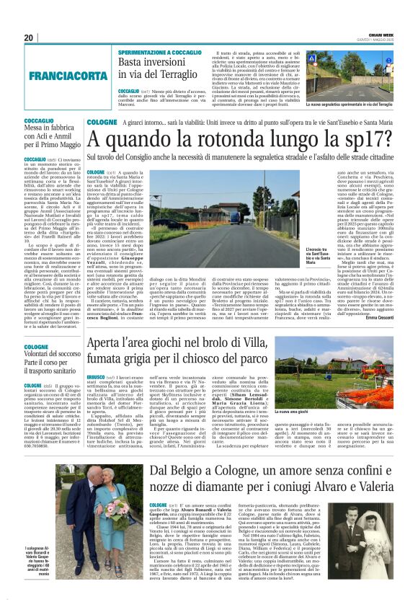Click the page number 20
[29, 37]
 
